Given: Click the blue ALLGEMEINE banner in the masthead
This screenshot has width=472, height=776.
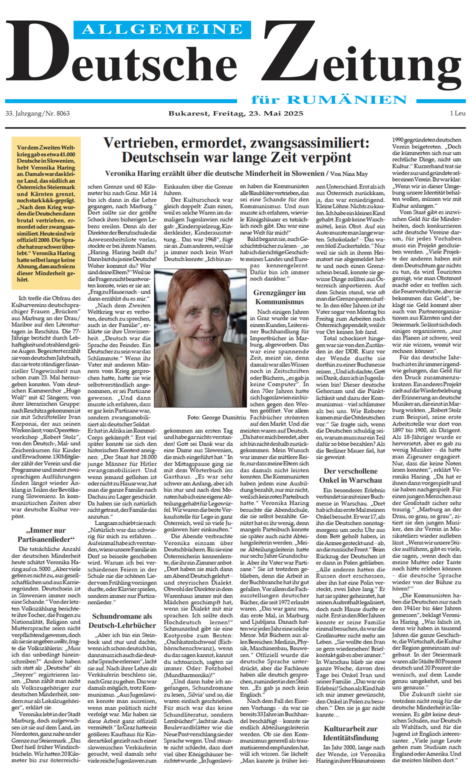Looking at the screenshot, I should (162, 29).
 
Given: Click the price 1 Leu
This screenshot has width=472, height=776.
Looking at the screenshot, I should (457, 113).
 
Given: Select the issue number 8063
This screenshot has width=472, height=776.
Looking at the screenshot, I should (63, 113).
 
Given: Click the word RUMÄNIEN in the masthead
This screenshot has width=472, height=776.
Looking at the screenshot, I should (347, 100).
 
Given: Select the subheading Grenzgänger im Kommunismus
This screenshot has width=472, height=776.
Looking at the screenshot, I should (279, 297).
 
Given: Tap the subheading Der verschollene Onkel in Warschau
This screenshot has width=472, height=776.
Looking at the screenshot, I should (350, 475).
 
